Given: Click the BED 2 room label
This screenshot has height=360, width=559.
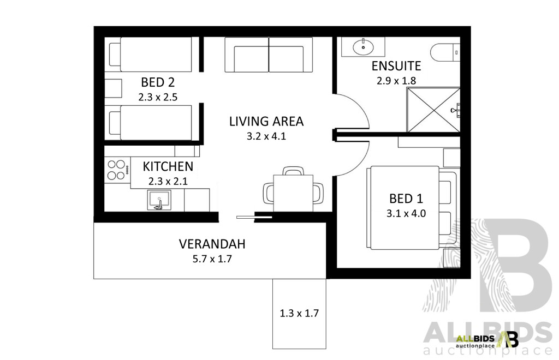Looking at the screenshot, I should [158, 83].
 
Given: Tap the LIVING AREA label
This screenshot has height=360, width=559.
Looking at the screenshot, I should [266, 121].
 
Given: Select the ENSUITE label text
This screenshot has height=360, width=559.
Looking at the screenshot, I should [396, 67].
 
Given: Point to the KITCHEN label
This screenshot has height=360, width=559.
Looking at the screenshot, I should [168, 166].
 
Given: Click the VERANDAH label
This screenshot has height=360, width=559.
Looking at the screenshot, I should [212, 244].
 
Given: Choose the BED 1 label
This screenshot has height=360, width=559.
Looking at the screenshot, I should [406, 199].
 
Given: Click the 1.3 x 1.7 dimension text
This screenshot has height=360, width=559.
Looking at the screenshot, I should [299, 314].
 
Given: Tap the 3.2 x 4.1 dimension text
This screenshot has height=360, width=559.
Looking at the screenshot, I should [266, 136].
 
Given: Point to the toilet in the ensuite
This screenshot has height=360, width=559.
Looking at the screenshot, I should [445, 53].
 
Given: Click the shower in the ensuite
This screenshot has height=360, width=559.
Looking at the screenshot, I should [432, 111].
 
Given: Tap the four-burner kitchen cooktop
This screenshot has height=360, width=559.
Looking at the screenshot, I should [117, 169].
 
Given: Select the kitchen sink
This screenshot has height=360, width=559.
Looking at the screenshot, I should [160, 200].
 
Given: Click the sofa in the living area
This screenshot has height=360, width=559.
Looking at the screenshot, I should [269, 55].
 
